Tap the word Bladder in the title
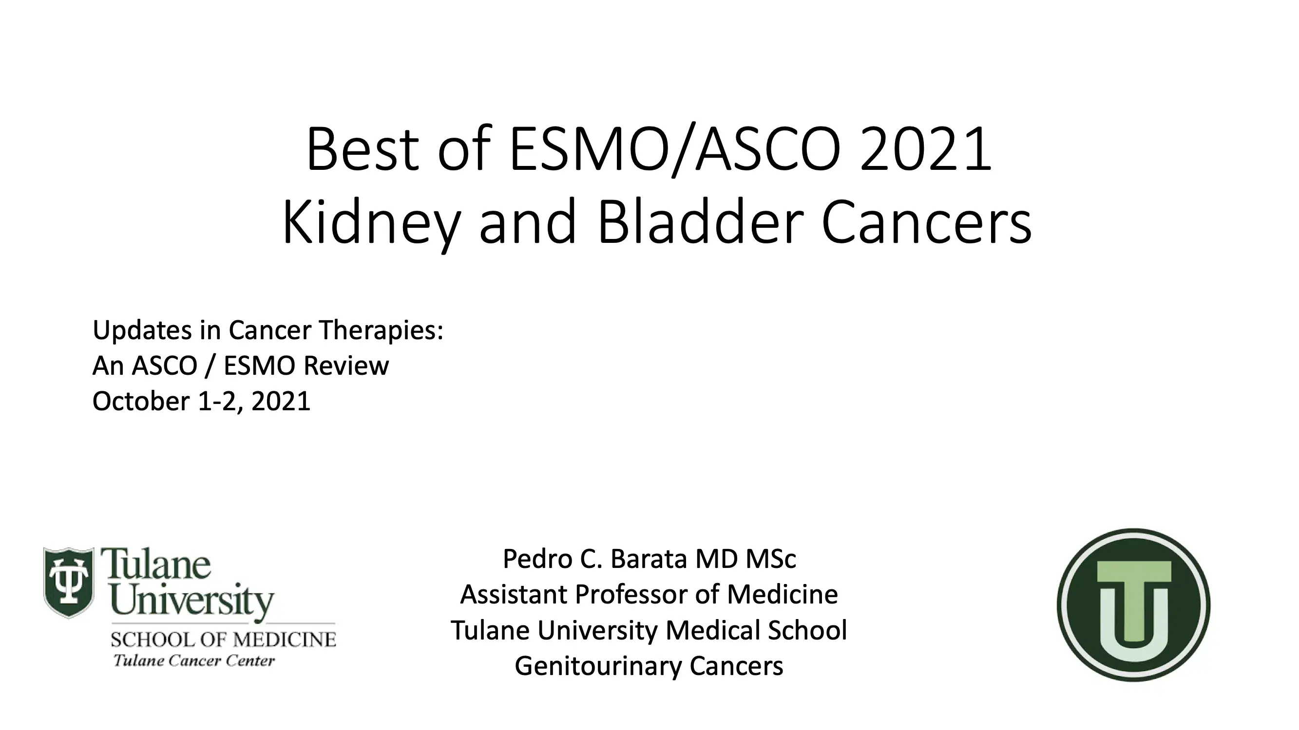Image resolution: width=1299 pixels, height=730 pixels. (x=699, y=222)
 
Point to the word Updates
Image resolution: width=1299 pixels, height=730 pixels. (x=142, y=330)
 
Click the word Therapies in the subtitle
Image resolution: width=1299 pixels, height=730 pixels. (x=381, y=330)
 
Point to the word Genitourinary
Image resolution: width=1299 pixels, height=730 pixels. (x=598, y=666)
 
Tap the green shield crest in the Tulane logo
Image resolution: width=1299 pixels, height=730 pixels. (x=69, y=582)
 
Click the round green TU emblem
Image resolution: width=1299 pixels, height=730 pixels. (x=1133, y=604)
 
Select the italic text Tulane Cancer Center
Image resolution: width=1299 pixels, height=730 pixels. (x=194, y=660)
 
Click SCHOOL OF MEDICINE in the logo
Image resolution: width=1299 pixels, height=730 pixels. (x=223, y=640)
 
